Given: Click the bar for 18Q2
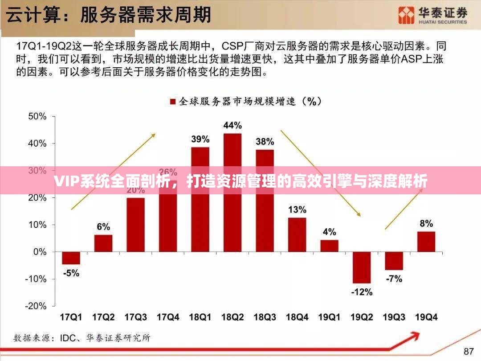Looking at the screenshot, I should pos(232,193).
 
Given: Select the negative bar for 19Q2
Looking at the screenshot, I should pos(361,267).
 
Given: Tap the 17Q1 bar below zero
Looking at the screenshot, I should pos(71,258).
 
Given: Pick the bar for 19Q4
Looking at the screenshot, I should pos(426,242).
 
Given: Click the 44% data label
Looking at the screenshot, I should pos(232,126).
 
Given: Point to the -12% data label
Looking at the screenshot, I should pos(361,292).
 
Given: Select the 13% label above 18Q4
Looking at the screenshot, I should pos(297,209).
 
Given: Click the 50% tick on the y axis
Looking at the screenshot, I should pos(37,116).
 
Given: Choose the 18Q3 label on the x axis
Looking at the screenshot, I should pos(265,317).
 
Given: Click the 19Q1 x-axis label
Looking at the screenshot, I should pos(329,317).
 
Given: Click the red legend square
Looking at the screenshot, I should pos(172,102).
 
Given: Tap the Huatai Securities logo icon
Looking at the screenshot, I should pos(406,16).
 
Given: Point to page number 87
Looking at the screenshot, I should pos(469,351).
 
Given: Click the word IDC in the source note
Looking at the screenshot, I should pos(69,338).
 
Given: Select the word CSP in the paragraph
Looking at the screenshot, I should pos(232,46).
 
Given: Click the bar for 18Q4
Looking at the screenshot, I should pos(297,234).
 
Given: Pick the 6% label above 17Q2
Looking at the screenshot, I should pos(103,227).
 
